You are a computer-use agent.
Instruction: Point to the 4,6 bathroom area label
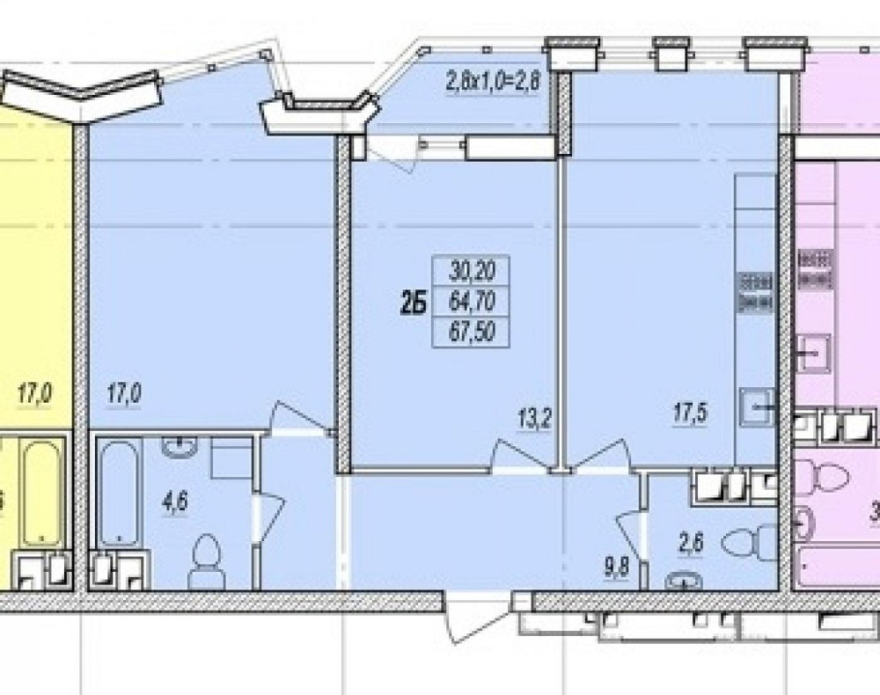[x=172, y=503]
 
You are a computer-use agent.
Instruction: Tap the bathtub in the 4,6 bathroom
[x=117, y=494]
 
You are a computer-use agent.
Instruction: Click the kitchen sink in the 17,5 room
[x=759, y=406]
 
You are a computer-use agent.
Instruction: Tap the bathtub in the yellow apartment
[x=40, y=493]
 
